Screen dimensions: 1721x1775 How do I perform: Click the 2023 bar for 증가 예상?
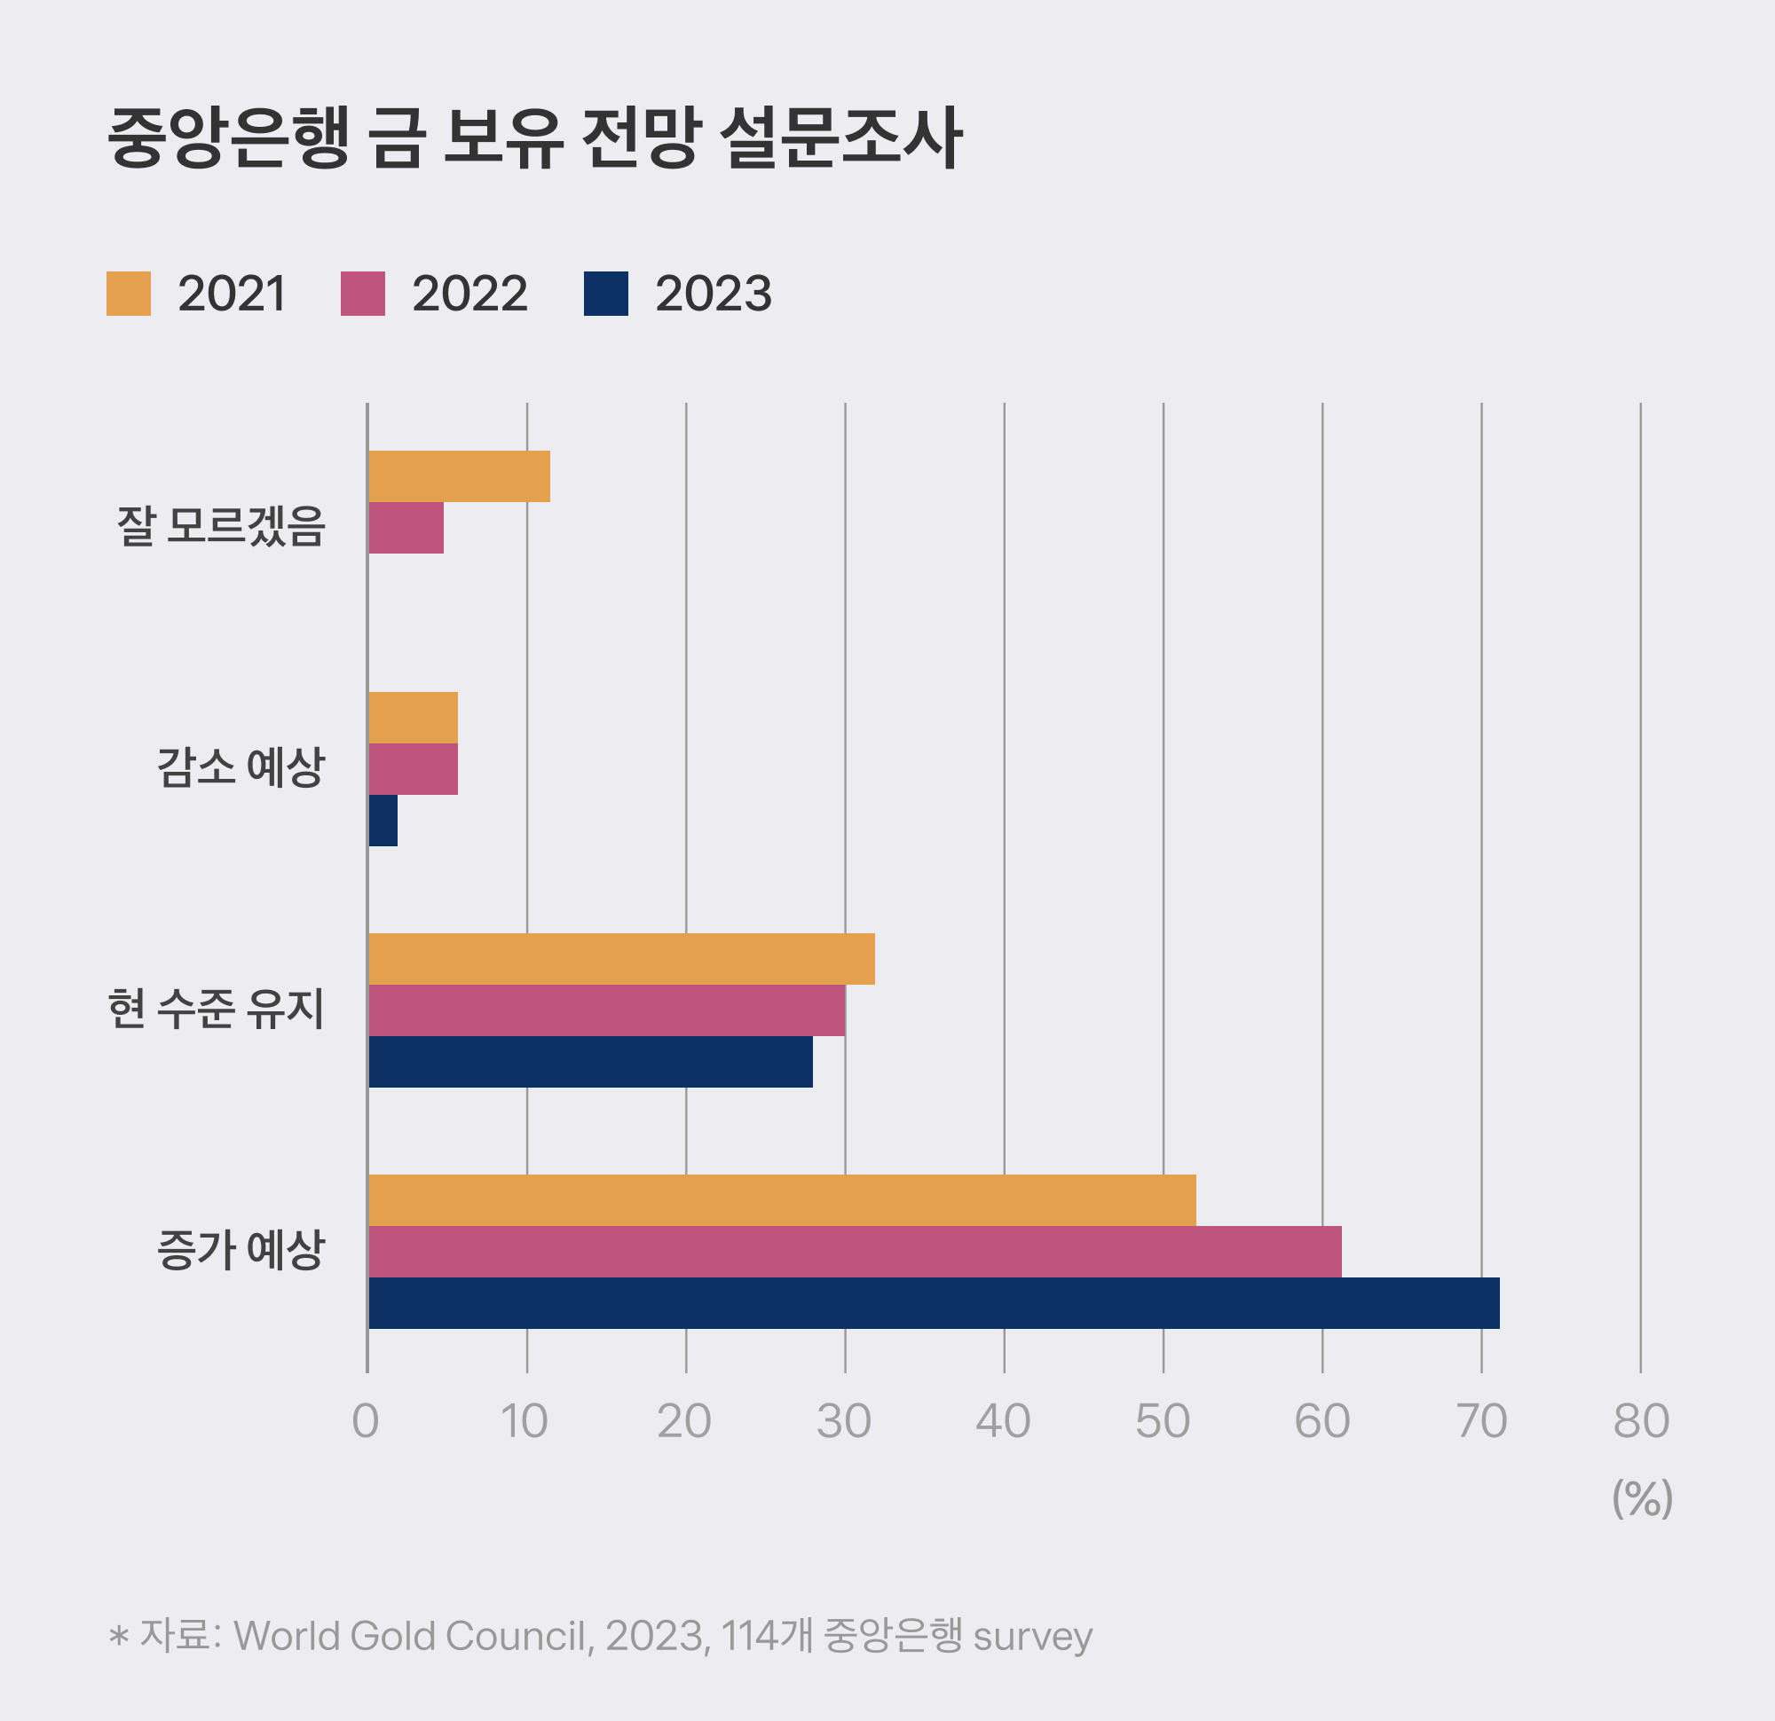click(x=933, y=1303)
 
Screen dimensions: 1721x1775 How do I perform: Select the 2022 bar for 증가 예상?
click(x=854, y=1251)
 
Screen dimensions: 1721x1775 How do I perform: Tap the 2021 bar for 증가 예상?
click(x=782, y=1199)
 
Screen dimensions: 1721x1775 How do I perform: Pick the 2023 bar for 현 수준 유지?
click(x=590, y=1061)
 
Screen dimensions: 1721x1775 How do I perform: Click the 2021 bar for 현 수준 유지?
click(x=621, y=959)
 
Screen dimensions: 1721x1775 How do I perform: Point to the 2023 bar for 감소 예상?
click(x=383, y=821)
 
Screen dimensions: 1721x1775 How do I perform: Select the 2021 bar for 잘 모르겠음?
click(x=459, y=476)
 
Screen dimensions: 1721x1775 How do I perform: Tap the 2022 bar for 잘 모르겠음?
click(x=406, y=528)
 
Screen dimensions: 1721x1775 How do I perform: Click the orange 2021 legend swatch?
click(x=129, y=294)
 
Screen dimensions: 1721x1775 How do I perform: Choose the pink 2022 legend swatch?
click(x=362, y=294)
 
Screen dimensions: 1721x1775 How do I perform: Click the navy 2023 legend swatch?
click(x=606, y=294)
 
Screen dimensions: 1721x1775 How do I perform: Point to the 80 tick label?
click(x=1640, y=1421)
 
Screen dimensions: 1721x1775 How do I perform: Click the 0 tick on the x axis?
click(x=366, y=1421)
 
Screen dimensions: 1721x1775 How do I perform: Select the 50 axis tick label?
click(x=1163, y=1421)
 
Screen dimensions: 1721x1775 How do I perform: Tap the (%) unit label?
click(x=1641, y=1499)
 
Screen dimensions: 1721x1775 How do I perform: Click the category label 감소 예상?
click(x=240, y=767)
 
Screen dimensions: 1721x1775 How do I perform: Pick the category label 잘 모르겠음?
click(x=220, y=526)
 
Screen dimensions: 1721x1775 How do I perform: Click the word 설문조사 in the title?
click(x=840, y=138)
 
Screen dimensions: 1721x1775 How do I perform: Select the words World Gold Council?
click(x=413, y=1636)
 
